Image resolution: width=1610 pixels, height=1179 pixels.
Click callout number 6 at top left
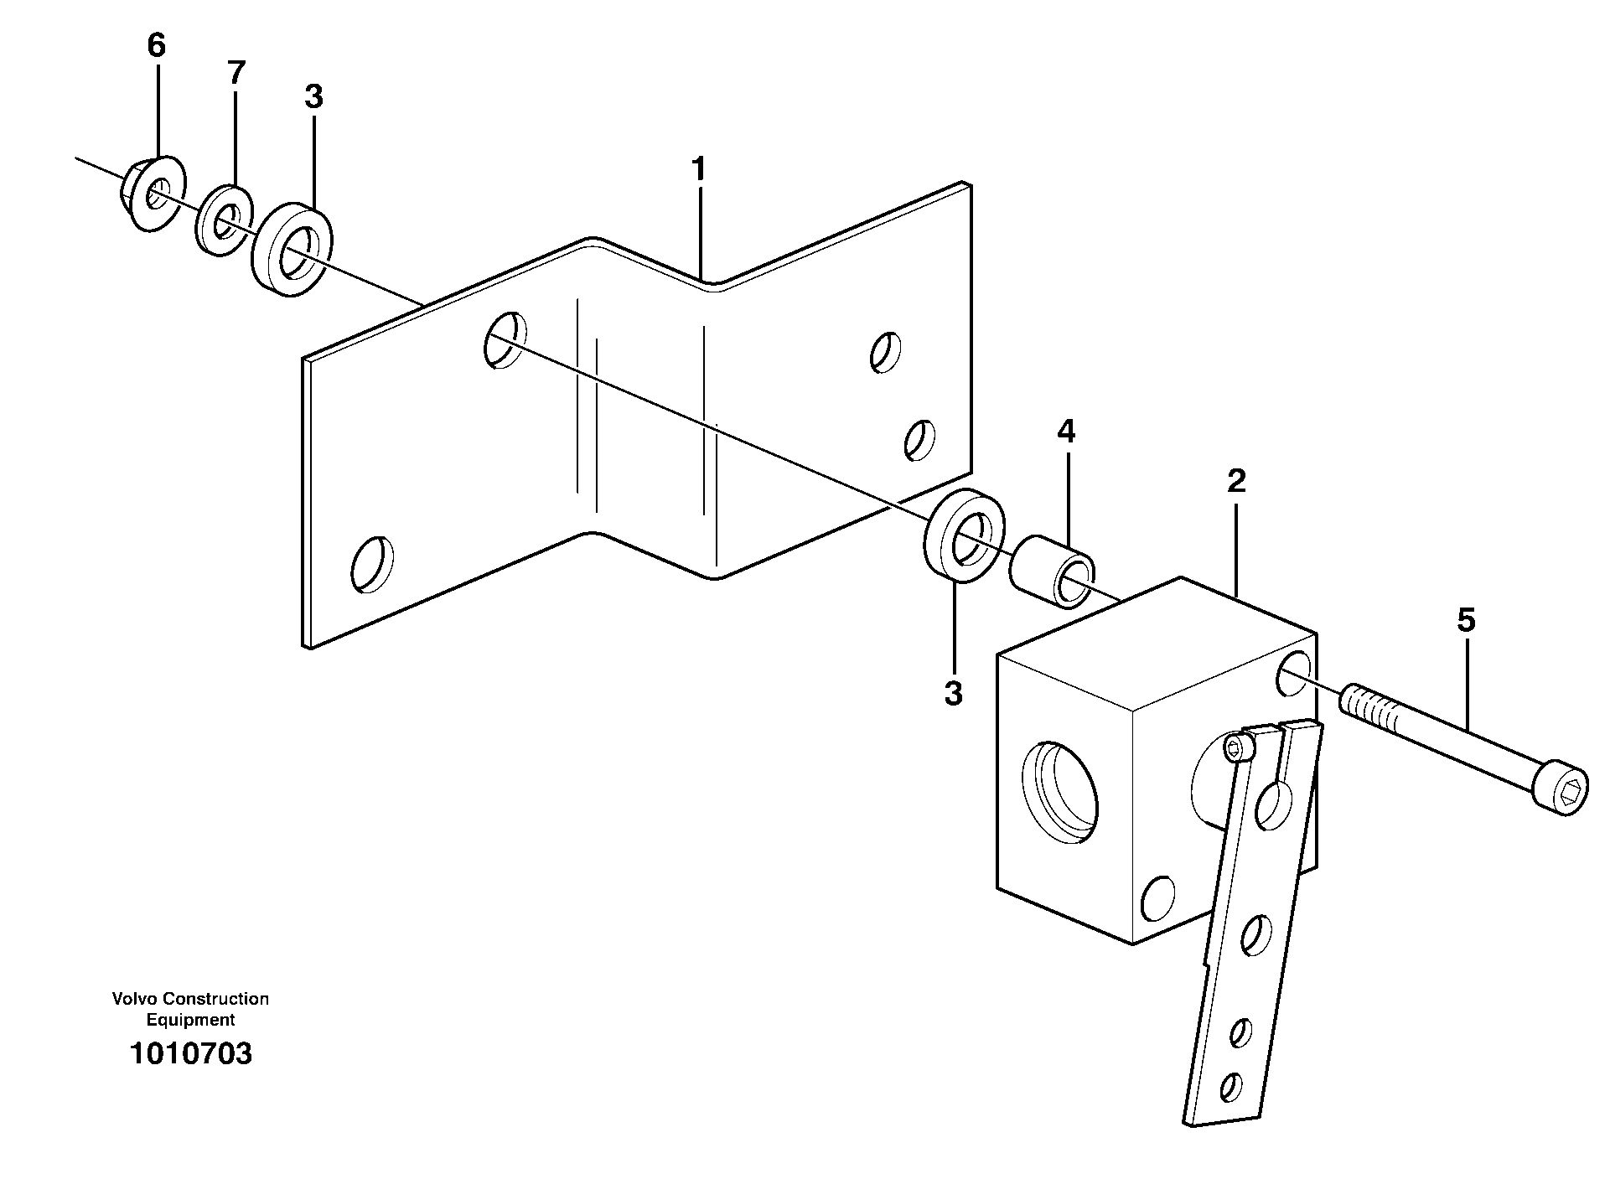[157, 45]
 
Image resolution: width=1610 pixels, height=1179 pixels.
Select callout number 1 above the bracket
[698, 170]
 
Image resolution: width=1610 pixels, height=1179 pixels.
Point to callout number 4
[1065, 432]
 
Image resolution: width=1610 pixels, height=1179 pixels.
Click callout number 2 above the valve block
[1236, 481]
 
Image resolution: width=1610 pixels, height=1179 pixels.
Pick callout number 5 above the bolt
[1466, 621]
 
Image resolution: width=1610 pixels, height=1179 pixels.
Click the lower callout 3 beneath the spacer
[953, 694]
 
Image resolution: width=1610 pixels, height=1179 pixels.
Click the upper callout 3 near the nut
[313, 97]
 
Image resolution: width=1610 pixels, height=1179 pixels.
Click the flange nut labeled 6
[151, 194]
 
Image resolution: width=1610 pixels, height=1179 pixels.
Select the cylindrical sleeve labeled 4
[1053, 577]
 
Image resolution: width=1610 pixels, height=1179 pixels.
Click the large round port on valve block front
[1061, 791]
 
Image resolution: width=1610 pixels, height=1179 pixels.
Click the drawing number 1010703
[190, 1053]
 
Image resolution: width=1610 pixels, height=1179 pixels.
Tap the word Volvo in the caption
[135, 999]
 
